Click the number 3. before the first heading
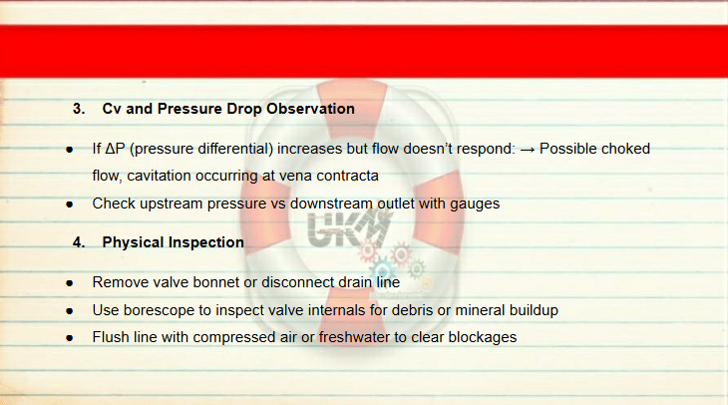pyautogui.click(x=79, y=109)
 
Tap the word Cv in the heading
pyautogui.click(x=112, y=109)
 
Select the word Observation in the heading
pyautogui.click(x=310, y=109)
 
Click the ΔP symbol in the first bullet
pyautogui.click(x=115, y=149)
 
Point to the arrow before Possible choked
pyautogui.click(x=528, y=150)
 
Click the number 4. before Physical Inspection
pyautogui.click(x=79, y=242)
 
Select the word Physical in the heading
pyautogui.click(x=133, y=242)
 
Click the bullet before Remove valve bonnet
pyautogui.click(x=70, y=283)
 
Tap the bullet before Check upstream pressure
pyautogui.click(x=70, y=203)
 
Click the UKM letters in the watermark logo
pyautogui.click(x=349, y=227)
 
